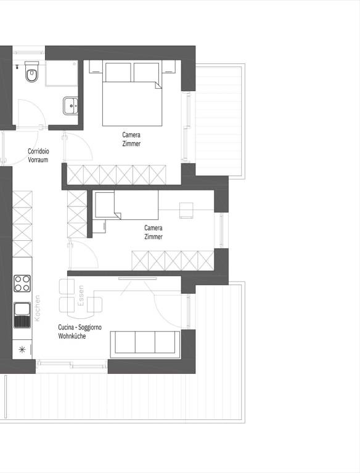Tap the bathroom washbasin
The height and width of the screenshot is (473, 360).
pyautogui.click(x=70, y=105)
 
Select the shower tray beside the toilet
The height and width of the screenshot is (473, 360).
pyautogui.click(x=62, y=73)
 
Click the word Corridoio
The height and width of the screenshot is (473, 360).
pyautogui.click(x=38, y=151)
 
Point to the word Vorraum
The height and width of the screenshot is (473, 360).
pyautogui.click(x=38, y=160)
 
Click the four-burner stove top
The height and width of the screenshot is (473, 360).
pyautogui.click(x=22, y=283)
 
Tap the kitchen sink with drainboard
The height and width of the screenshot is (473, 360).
pyautogui.click(x=22, y=315)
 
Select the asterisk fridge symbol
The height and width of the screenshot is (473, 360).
pyautogui.click(x=22, y=350)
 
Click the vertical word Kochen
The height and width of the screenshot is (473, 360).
pyautogui.click(x=37, y=308)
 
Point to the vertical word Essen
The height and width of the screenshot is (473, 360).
pyautogui.click(x=81, y=296)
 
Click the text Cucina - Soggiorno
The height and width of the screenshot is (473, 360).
pyautogui.click(x=80, y=327)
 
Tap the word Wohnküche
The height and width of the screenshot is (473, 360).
pyautogui.click(x=72, y=336)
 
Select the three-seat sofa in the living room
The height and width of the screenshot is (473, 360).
pyautogui.click(x=145, y=344)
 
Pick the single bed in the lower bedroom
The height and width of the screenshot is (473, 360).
pyautogui.click(x=127, y=205)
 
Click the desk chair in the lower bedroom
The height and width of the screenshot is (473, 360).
pyautogui.click(x=186, y=210)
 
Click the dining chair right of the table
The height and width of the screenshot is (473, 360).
pyautogui.click(x=94, y=305)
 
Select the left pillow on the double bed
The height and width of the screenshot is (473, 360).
pyautogui.click(x=118, y=72)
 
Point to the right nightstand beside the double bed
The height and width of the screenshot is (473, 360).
pyautogui.click(x=168, y=67)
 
